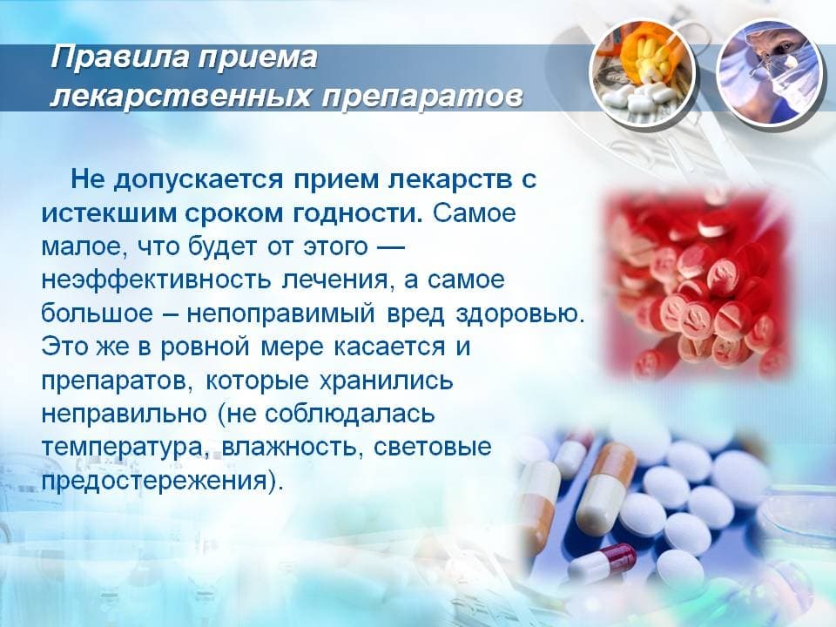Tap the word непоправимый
pos(281,313)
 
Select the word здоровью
pos(521,313)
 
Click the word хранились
pos(386,381)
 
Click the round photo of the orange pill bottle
pos(643,72)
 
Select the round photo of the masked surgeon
pos(770,72)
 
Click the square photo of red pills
pos(698,286)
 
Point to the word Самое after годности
pos(474,213)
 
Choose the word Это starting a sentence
pos(64,347)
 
